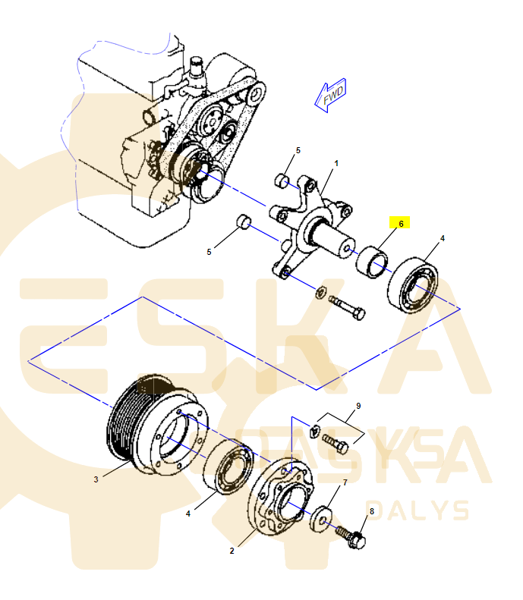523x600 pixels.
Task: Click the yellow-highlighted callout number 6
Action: (401, 224)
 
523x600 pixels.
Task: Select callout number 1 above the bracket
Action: (336, 163)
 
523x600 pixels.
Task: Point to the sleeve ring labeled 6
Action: (372, 262)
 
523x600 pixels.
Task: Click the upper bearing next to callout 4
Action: (413, 285)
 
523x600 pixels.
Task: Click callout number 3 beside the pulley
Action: (96, 479)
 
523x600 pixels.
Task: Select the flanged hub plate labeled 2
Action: (280, 496)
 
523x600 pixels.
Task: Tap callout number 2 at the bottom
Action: (232, 551)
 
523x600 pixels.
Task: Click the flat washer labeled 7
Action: (320, 519)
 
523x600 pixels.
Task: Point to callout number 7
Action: (345, 482)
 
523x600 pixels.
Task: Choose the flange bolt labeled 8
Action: (351, 537)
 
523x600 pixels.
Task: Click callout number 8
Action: (371, 510)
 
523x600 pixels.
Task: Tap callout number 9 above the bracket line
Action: (358, 406)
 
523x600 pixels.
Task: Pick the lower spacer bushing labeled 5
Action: (244, 222)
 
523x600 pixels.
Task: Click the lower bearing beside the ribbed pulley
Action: (228, 466)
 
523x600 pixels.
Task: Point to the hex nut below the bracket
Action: (321, 292)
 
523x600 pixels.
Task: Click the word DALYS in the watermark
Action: (417, 510)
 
